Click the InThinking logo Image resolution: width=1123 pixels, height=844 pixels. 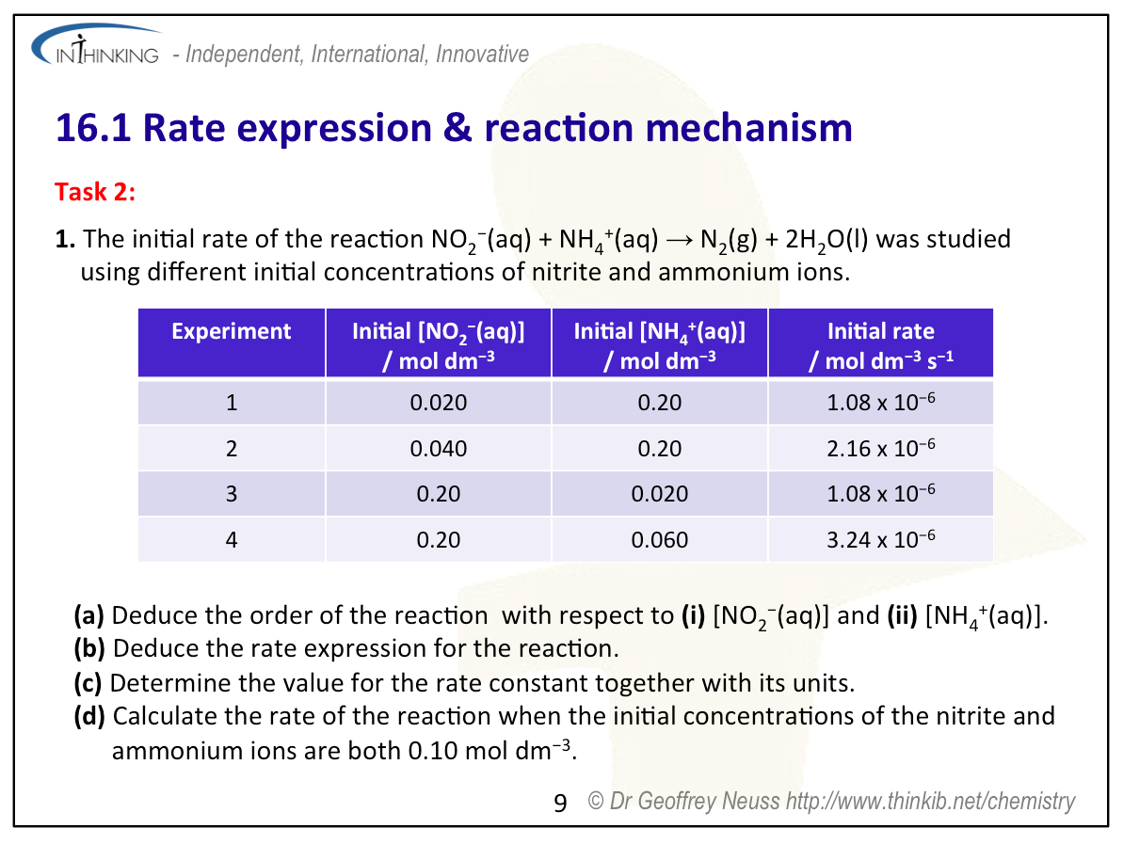96,46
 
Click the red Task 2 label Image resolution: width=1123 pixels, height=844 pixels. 95,192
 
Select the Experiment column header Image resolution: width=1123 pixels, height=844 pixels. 232,330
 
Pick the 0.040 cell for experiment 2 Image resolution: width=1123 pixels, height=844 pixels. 439,448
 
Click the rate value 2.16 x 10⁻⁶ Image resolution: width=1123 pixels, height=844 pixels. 881,448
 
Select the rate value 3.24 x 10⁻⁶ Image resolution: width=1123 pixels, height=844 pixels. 881,538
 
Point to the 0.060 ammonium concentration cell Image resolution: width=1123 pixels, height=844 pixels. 660,539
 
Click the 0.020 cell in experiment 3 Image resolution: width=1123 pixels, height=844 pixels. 660,493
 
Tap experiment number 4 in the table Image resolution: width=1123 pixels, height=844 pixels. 232,539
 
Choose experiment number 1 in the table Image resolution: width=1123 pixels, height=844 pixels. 232,403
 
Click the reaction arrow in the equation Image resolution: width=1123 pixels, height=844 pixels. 679,240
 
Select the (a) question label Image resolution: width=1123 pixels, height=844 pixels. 88,615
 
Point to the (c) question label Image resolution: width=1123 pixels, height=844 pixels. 88,683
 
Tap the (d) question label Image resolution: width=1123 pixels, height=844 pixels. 89,716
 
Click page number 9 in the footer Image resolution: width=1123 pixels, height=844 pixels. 560,803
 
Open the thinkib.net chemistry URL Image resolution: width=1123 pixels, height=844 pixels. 930,801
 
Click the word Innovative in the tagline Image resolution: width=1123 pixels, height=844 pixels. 482,54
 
